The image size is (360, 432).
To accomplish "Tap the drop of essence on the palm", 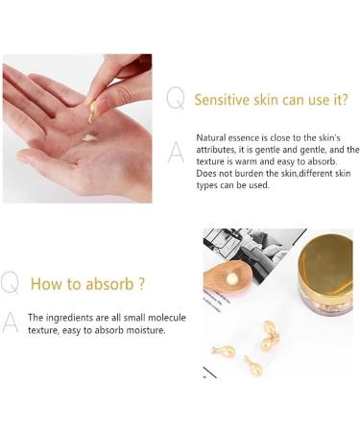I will point(89,137).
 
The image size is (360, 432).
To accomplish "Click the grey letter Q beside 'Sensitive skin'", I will point(175,99).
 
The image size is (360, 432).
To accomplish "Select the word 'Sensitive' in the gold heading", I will point(221,99).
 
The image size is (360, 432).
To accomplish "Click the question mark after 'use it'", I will point(343,99).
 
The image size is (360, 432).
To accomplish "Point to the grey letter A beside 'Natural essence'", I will point(175,152).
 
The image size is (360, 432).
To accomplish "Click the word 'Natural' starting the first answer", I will point(211,138).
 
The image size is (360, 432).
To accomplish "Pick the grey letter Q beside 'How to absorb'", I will point(11,284).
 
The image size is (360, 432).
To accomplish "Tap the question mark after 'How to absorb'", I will point(141,284).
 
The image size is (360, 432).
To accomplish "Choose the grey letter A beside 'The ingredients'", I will point(11,323).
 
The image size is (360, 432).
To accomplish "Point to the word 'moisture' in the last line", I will point(142,329).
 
